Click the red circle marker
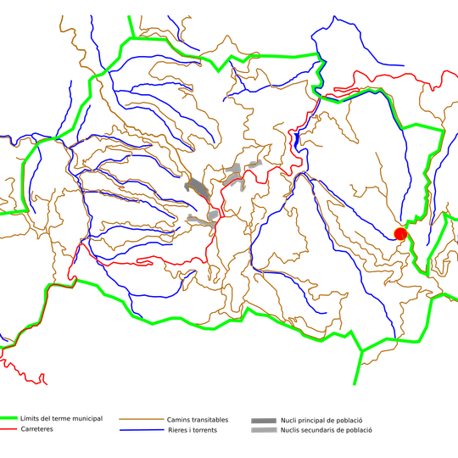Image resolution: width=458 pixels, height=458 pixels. (x=400, y=233)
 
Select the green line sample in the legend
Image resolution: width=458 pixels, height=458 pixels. (x=9, y=418)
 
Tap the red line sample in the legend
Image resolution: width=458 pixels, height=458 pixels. (x=9, y=429)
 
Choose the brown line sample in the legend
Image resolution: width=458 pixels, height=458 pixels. (x=141, y=419)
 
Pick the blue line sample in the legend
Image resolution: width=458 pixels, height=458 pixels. (x=141, y=429)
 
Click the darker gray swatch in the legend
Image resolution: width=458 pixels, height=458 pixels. (x=264, y=420)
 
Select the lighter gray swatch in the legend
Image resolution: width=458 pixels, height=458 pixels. (x=264, y=430)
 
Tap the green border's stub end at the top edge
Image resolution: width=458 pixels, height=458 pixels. (x=127, y=15)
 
